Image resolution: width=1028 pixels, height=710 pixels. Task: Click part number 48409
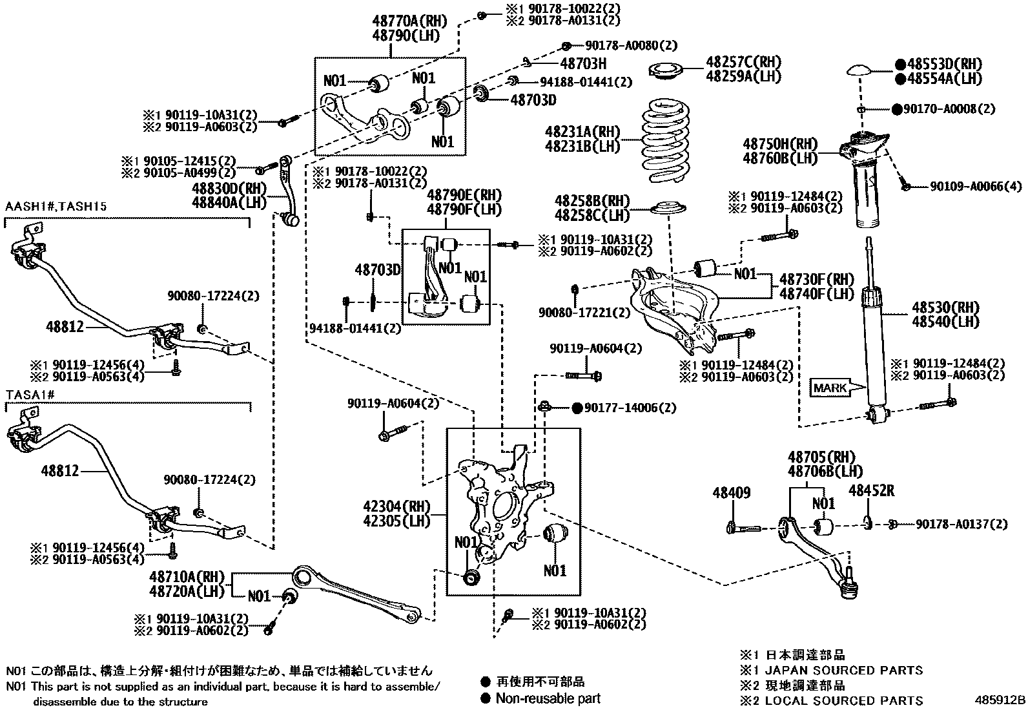(x=731, y=493)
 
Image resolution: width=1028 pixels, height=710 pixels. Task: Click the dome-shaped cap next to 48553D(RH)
(x=863, y=70)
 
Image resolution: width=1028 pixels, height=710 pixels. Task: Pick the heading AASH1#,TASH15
(x=56, y=207)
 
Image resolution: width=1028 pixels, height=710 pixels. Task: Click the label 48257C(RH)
(x=743, y=63)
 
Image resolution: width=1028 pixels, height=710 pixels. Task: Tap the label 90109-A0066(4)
(x=976, y=186)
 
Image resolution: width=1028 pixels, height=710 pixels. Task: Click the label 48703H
(x=583, y=63)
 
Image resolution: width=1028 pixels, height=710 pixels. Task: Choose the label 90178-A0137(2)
(x=961, y=524)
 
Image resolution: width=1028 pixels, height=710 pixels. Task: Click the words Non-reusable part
(x=548, y=698)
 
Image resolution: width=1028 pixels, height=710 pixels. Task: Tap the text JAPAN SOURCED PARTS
(x=843, y=671)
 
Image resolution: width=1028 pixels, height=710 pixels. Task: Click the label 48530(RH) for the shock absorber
(x=945, y=307)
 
